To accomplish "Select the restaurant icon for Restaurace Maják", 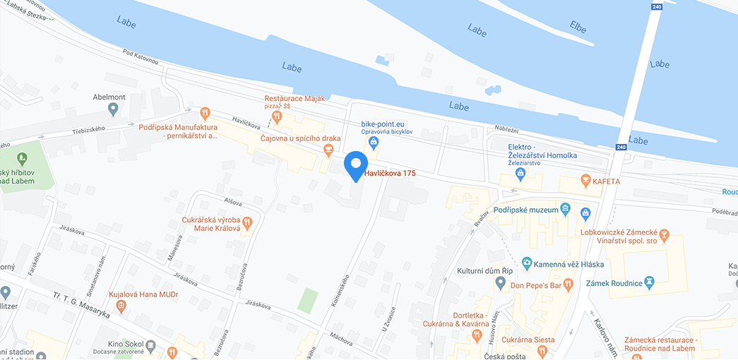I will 278,115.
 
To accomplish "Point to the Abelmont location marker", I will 112,109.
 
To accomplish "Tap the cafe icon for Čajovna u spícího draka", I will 328,150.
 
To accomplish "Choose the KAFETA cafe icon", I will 584,181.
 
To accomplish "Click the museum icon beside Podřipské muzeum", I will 565,208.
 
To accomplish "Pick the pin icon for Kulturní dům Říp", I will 500,284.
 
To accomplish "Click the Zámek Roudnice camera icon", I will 650,283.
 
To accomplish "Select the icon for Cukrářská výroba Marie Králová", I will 247,223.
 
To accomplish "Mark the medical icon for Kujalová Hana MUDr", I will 121,306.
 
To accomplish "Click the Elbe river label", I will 578,27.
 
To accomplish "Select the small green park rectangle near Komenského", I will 307,301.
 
